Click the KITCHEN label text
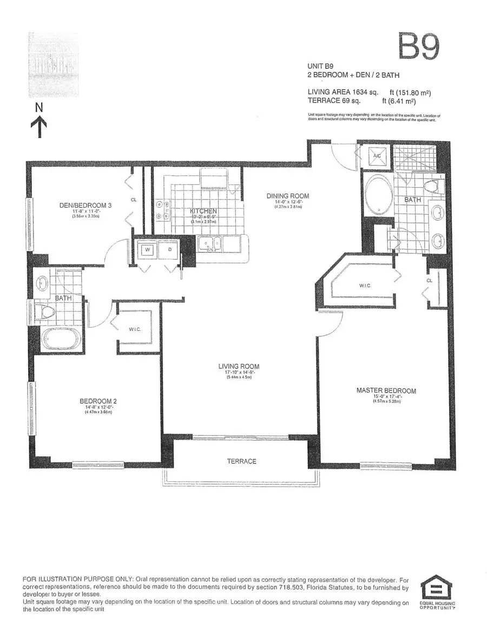point(203,211)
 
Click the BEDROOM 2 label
point(98,401)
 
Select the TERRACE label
point(241,461)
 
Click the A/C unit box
point(377,156)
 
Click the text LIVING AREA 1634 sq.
point(343,92)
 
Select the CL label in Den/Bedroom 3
point(133,199)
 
